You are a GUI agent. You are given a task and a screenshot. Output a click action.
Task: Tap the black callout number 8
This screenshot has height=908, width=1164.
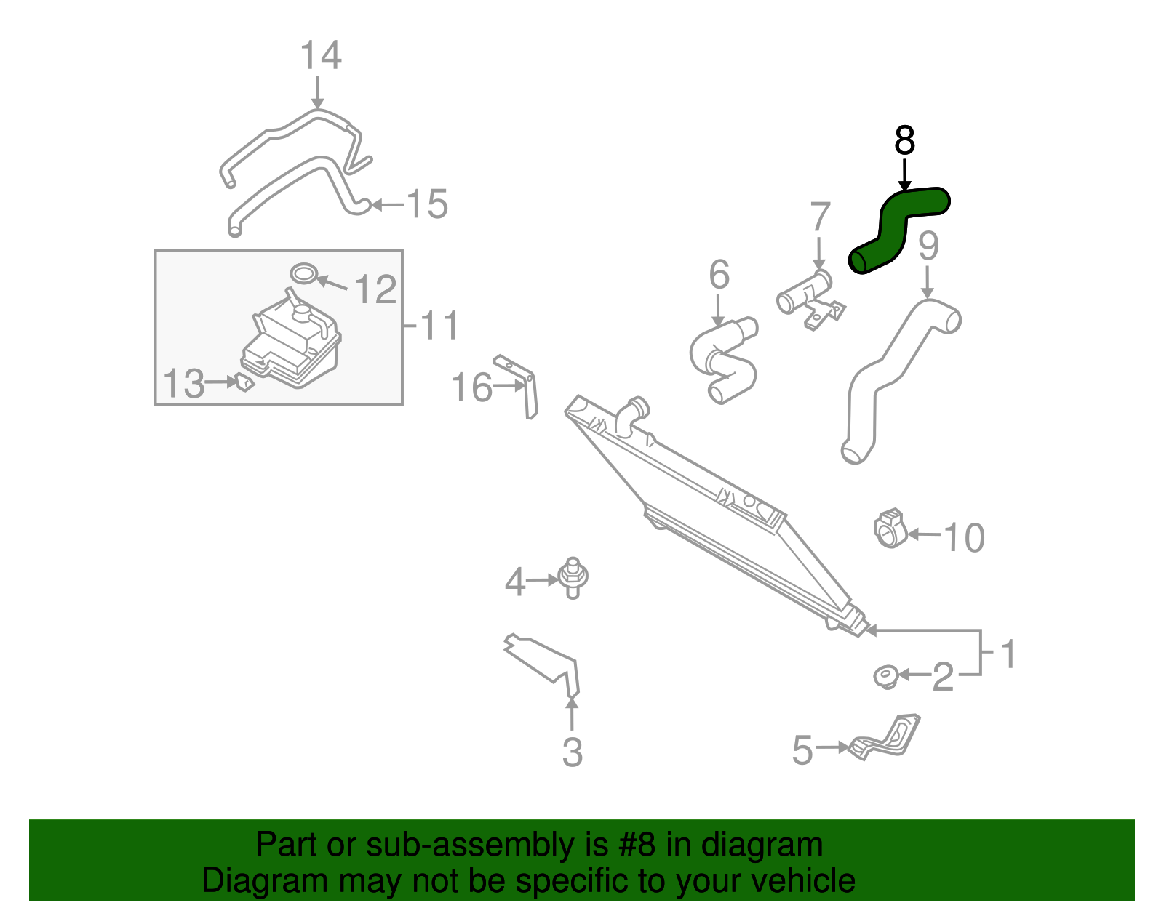pos(904,140)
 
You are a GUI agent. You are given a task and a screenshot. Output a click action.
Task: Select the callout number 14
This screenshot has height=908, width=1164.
pos(320,56)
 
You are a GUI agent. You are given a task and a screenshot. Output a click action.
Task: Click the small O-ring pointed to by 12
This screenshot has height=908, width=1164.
pos(304,273)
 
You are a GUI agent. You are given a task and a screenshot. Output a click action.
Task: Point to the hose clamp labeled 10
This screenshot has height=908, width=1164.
pos(889,529)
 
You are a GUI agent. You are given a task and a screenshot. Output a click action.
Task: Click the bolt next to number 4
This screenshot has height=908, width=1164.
pos(573,577)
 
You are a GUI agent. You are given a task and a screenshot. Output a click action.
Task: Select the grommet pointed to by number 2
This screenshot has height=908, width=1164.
pos(885,676)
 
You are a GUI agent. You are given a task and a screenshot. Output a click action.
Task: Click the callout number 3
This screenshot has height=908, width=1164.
pos(573,752)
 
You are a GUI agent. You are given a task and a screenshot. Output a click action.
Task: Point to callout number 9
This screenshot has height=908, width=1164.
pos(928,246)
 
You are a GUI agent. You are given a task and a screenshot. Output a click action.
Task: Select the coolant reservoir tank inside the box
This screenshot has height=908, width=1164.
pos(291,345)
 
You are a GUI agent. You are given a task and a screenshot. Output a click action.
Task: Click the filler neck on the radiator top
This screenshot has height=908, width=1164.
pos(631,414)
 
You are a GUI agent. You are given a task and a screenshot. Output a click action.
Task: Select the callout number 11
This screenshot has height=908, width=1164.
pos(439,325)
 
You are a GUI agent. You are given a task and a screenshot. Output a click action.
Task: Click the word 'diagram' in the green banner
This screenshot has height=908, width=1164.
pos(762,845)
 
